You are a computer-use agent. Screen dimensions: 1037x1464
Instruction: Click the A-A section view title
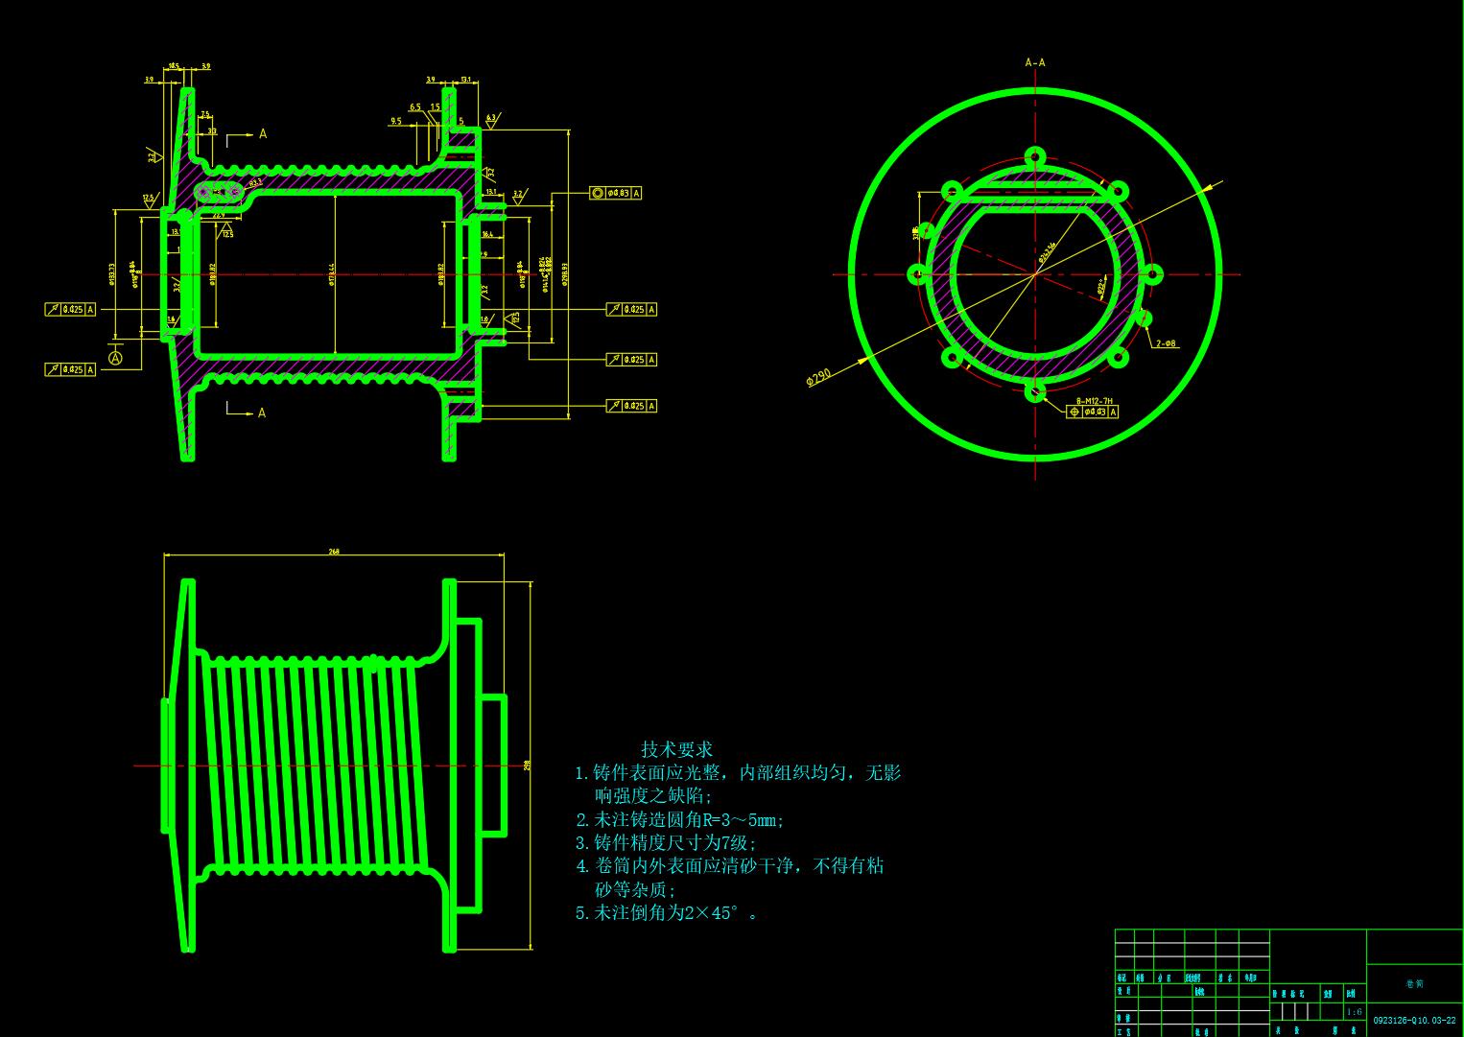coord(1035,63)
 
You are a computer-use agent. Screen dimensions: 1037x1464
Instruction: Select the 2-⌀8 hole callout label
coord(1166,343)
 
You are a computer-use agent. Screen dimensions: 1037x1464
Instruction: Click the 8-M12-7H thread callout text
coord(1094,401)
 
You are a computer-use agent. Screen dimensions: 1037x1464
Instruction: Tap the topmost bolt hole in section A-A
coord(1035,156)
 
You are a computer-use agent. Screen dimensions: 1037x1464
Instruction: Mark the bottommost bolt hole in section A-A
coord(1035,390)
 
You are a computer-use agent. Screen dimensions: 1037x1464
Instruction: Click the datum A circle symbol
coord(116,358)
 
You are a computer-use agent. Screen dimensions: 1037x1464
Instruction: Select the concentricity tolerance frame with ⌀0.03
coord(615,193)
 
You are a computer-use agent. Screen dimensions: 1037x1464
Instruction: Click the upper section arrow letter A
coord(263,134)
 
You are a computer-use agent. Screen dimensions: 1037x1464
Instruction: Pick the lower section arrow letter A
coord(262,413)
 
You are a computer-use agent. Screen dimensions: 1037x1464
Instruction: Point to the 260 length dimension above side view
coord(334,552)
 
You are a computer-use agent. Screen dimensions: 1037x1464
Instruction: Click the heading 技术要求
coord(676,749)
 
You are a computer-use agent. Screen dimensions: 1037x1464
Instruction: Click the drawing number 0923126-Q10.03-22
coord(1414,1021)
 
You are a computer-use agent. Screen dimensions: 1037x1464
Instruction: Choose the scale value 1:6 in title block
coord(1354,1012)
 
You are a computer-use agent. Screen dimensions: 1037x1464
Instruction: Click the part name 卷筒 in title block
coord(1414,984)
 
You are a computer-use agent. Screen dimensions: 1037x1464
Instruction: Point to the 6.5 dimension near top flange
coord(414,107)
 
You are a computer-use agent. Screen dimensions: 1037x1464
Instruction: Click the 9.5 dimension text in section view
coord(396,122)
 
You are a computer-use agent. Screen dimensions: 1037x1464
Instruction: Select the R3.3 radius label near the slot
coord(255,182)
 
